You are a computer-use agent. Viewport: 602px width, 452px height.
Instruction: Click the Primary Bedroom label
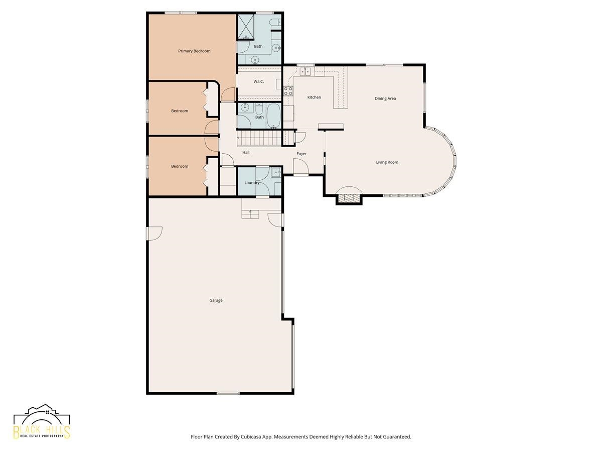point(194,51)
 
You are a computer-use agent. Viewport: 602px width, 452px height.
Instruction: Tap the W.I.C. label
point(258,81)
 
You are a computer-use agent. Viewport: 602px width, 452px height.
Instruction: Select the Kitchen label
point(314,97)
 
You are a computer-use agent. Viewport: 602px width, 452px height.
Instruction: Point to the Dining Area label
point(385,98)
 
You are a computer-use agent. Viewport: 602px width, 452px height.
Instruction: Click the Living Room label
point(387,162)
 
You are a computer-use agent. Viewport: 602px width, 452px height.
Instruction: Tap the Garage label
point(216,300)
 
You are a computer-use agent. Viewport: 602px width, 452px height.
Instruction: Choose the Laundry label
point(252,183)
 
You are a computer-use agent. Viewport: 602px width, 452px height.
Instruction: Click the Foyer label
point(302,154)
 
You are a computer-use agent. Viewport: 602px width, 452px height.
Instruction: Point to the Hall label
point(246,152)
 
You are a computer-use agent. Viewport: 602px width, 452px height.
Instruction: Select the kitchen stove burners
point(288,91)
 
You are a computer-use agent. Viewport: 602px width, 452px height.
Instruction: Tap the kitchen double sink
point(305,72)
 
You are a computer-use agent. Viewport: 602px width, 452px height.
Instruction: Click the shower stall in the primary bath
point(246,27)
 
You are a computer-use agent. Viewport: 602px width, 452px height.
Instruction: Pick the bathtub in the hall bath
point(273,116)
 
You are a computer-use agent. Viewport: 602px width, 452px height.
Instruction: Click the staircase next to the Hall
point(259,138)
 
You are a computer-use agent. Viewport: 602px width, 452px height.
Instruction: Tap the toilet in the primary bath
point(275,22)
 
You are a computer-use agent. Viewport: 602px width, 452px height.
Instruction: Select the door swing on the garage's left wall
point(155,234)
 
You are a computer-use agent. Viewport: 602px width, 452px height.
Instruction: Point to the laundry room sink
point(276,173)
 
